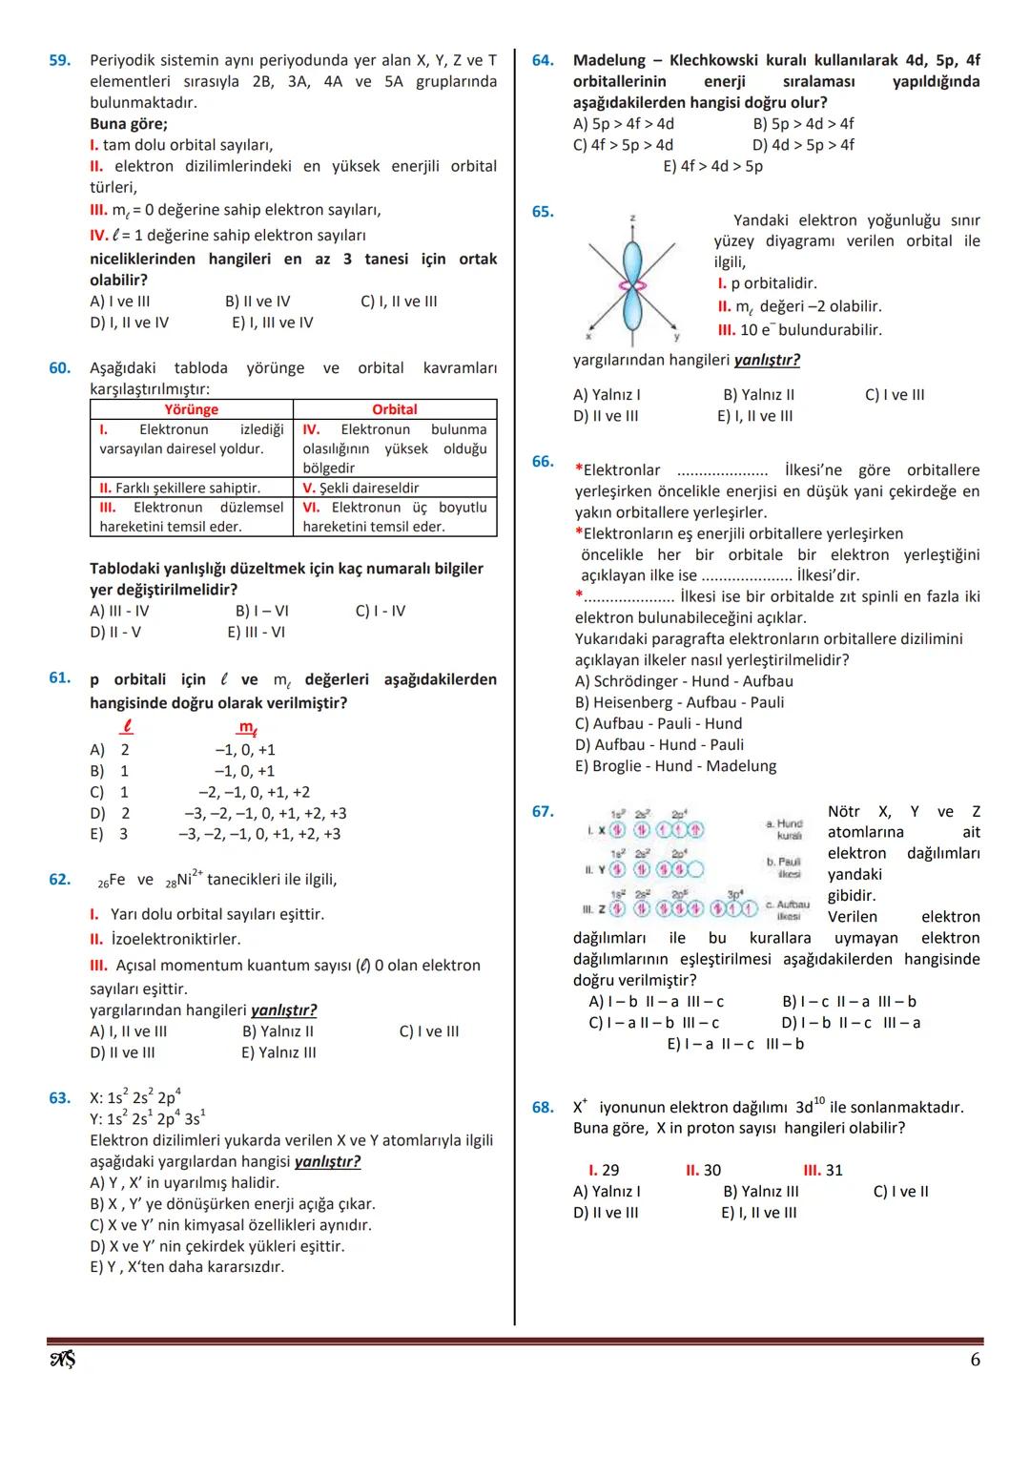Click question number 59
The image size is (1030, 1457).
tap(59, 60)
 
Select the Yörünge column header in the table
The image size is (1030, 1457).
tap(191, 409)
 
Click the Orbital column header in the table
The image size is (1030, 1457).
tap(394, 409)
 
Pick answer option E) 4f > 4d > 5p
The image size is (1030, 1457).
tap(712, 166)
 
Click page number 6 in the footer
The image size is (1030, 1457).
tap(975, 1360)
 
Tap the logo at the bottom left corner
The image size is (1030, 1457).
tap(62, 1359)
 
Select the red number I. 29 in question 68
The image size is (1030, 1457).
tap(604, 1170)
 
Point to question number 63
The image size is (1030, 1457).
tap(59, 1098)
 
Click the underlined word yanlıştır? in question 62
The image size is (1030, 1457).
tap(283, 1009)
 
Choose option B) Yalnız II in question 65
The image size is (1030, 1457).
tap(758, 395)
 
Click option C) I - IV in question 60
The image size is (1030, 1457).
tap(380, 611)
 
